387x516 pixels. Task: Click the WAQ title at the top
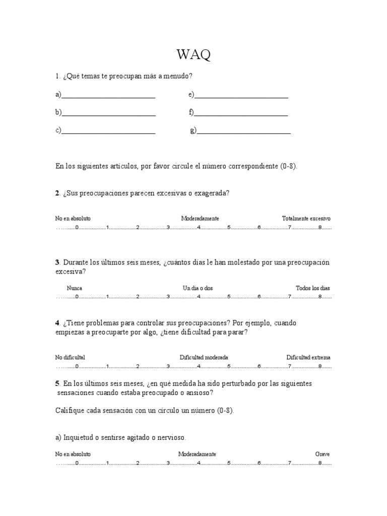click(193, 55)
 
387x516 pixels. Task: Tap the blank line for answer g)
click(244, 132)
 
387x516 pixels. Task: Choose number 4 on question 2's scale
click(199, 228)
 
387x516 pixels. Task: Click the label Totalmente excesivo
click(306, 219)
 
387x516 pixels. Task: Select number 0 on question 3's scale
click(77, 297)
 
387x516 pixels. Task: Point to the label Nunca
click(75, 288)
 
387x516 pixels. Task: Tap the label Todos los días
click(313, 288)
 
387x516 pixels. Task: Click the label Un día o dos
click(198, 288)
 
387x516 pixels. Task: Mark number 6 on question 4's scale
click(259, 366)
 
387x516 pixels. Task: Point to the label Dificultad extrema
click(308, 357)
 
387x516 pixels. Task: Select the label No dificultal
click(70, 357)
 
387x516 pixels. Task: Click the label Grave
click(322, 454)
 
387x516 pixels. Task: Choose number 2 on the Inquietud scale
click(138, 463)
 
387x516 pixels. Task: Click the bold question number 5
click(57, 383)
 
